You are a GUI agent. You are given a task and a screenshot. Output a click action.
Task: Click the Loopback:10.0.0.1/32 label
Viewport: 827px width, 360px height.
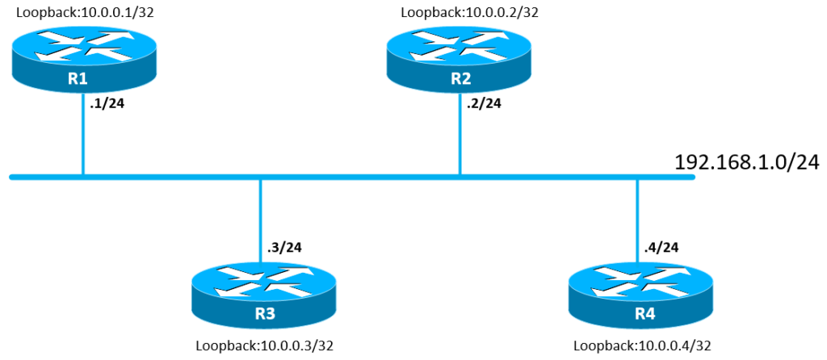(x=85, y=11)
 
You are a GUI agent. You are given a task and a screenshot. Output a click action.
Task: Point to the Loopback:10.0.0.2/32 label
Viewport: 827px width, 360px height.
(x=469, y=11)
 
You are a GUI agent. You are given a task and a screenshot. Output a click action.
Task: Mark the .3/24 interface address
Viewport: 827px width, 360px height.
(x=284, y=247)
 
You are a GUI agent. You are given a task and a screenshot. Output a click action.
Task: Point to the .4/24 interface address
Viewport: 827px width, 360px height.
(x=662, y=247)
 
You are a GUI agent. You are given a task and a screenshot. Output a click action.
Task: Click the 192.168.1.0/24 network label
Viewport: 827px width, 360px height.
(x=747, y=162)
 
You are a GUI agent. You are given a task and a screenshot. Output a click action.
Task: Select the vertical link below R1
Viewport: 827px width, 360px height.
(x=83, y=135)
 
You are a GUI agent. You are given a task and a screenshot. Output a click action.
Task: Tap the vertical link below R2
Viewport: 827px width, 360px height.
(x=460, y=135)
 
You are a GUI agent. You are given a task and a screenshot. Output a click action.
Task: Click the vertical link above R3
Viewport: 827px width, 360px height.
(x=260, y=221)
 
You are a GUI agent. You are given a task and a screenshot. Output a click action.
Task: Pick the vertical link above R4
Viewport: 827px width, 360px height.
(x=638, y=221)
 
